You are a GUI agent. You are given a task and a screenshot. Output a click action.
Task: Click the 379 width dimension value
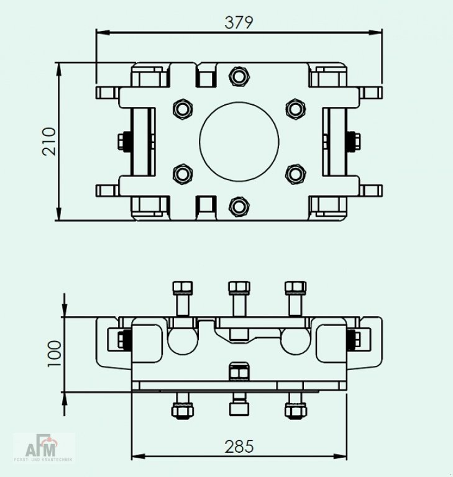[239, 22]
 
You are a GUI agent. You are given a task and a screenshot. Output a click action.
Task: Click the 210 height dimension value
[49, 141]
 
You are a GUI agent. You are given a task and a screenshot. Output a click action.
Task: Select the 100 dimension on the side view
[55, 354]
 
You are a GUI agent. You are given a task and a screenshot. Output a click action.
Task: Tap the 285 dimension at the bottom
[239, 446]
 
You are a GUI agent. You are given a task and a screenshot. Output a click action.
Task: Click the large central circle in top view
[239, 141]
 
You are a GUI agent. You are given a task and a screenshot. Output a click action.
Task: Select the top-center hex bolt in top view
[239, 77]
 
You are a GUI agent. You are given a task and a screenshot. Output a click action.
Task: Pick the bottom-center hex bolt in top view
[239, 206]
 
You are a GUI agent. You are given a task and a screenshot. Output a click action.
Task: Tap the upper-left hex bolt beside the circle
[182, 109]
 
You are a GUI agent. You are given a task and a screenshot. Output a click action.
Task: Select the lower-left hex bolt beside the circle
[182, 173]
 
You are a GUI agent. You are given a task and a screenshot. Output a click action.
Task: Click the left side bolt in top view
[123, 141]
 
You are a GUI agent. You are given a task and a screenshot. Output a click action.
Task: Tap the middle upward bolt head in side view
[239, 288]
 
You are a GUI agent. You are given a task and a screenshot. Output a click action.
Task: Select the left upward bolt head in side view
[182, 288]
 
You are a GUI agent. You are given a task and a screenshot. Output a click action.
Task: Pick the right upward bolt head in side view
[295, 288]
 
